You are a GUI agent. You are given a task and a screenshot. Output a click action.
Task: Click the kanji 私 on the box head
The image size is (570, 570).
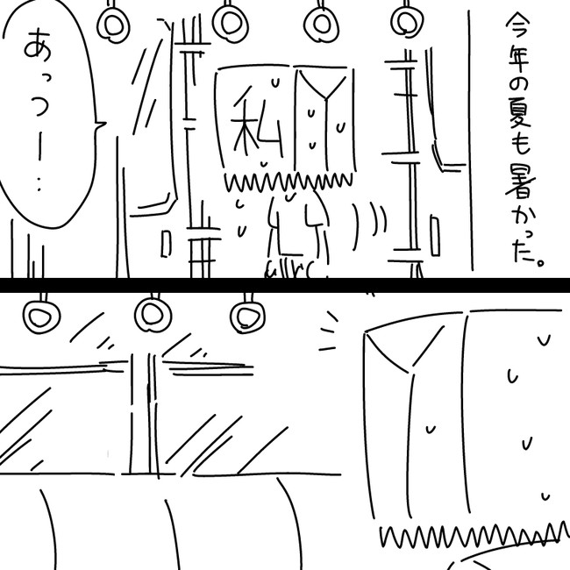pos(256,123)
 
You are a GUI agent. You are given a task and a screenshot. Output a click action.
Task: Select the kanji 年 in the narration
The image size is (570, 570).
pos(517,57)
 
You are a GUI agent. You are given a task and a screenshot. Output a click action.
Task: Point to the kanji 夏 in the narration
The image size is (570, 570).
pos(519,112)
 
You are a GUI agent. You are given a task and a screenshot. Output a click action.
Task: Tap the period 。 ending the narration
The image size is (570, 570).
pos(540,261)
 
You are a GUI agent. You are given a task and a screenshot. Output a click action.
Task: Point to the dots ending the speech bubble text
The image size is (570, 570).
pos(39,185)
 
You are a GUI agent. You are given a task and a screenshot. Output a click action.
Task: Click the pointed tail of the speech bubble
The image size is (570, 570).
pos(101,125)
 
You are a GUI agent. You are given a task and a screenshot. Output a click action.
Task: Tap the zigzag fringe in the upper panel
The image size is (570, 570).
pos(289,182)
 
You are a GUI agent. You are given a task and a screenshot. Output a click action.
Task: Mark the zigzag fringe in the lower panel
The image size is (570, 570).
pos(475,534)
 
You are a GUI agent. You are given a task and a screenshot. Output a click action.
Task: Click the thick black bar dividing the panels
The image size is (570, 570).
pos(285,285)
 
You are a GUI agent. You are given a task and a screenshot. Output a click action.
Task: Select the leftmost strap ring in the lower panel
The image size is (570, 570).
pos(41,316)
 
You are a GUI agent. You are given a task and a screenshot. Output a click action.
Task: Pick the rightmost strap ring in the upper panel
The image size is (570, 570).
pos(407,21)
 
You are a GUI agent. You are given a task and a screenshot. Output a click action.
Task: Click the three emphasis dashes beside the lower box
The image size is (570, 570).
pos(328,331)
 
